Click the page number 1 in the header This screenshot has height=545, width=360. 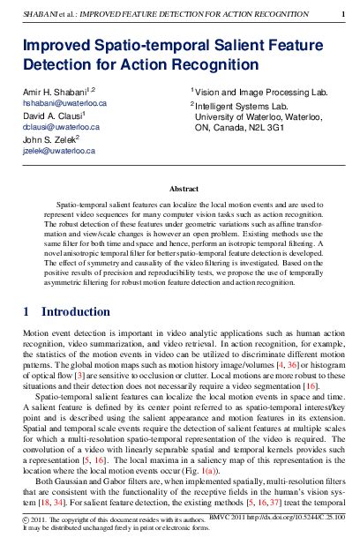point(342,14)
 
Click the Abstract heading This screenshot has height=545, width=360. point(180,188)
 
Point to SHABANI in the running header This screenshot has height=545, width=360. point(41,14)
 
